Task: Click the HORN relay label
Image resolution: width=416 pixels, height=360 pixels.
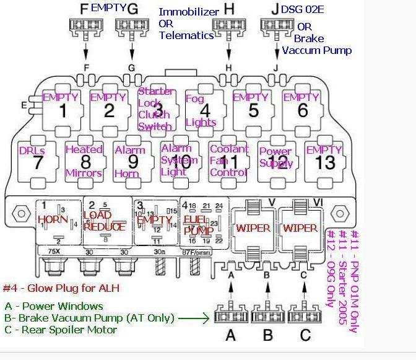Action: click(53, 220)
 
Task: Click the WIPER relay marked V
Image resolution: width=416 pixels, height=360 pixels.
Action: click(253, 227)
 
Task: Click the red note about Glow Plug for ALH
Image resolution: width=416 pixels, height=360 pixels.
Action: click(61, 288)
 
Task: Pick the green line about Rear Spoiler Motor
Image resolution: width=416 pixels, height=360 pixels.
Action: click(61, 330)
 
